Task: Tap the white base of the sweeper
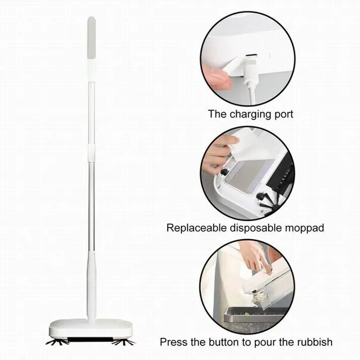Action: [x=91, y=327]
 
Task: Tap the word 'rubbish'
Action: [x=313, y=342]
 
